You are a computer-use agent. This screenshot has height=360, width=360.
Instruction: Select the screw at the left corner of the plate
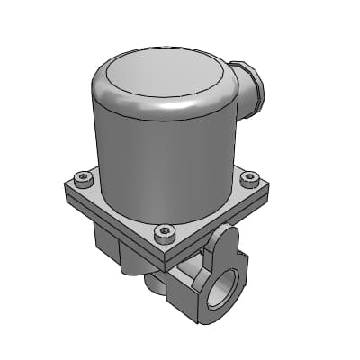pyautogui.click(x=84, y=178)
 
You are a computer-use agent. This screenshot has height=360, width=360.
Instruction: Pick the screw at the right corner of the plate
pyautogui.click(x=251, y=177)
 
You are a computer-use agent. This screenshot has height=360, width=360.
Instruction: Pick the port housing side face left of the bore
pyautogui.click(x=184, y=292)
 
